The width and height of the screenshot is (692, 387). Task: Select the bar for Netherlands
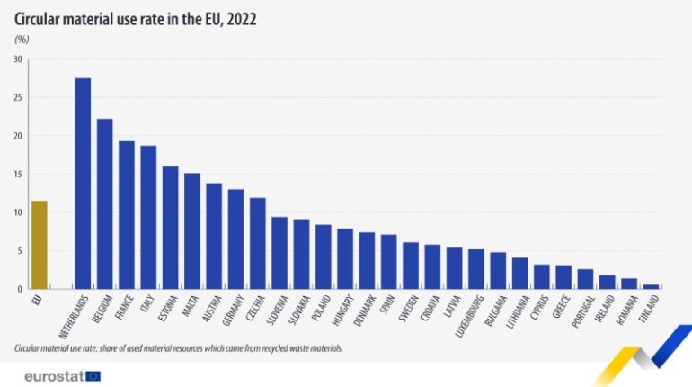coord(83,184)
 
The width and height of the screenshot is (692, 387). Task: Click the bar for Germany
coord(235,239)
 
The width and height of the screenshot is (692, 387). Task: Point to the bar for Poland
coord(323,256)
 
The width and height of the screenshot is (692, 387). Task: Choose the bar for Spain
coord(388,262)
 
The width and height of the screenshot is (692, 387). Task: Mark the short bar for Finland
coord(651,286)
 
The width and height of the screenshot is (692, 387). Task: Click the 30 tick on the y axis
coord(18,59)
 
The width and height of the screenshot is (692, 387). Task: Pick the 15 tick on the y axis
coord(18,175)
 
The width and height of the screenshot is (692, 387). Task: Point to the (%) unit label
coord(22,40)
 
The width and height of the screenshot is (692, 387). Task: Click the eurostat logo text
coord(54,375)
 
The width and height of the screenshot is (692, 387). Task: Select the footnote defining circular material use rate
coord(179,347)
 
